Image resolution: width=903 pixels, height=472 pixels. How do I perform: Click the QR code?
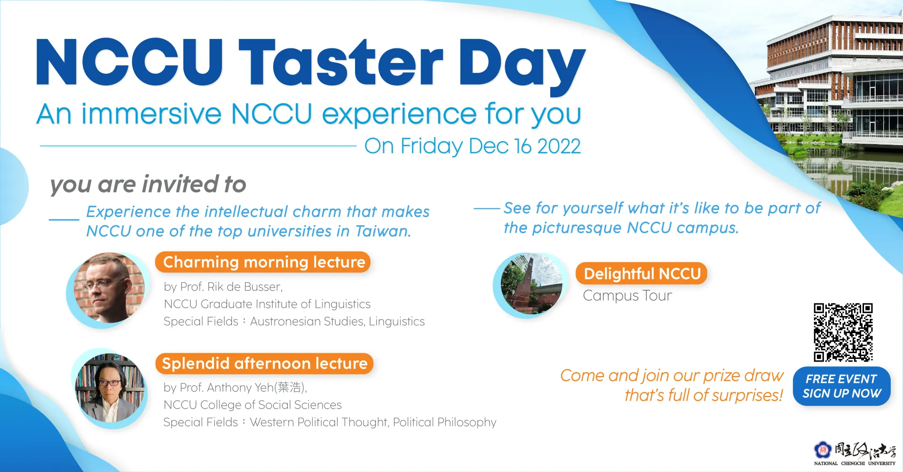click(x=843, y=332)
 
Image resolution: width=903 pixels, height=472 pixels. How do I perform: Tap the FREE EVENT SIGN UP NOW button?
click(x=841, y=386)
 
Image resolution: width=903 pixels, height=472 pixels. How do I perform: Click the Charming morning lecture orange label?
click(x=263, y=262)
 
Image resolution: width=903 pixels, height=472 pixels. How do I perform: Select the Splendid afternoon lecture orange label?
click(x=264, y=364)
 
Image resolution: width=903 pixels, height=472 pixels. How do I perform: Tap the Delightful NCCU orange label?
click(x=642, y=273)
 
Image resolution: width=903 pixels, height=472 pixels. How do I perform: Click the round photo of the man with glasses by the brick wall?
click(x=109, y=287)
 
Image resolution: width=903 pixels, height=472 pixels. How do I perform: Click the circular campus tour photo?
click(x=531, y=284)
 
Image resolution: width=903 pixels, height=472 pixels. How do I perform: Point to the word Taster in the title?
click(x=341, y=62)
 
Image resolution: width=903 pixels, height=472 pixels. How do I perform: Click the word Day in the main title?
click(x=522, y=66)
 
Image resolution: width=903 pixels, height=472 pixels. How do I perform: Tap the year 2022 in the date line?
click(x=559, y=147)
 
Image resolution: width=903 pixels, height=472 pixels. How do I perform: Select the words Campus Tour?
click(x=627, y=296)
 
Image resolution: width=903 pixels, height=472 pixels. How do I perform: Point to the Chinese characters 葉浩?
click(x=289, y=387)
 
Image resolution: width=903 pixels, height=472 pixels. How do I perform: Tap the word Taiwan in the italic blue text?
click(x=383, y=231)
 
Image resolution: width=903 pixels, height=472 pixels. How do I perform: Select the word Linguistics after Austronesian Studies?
click(x=396, y=321)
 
